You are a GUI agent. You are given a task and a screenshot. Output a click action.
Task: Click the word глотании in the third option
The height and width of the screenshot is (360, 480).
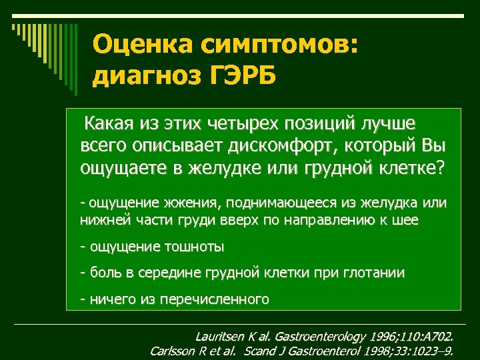[x=373, y=273]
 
